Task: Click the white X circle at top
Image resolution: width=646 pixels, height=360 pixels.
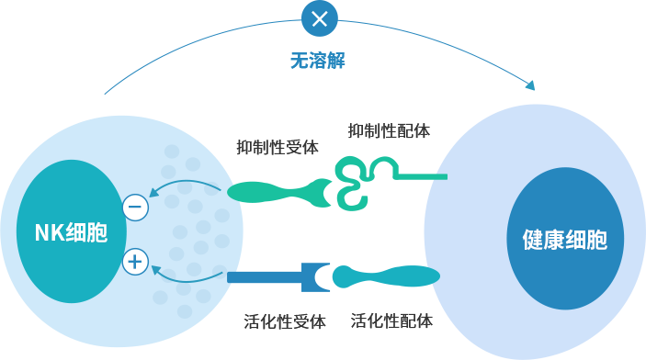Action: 319,18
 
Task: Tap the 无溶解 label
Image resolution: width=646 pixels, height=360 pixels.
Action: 318,61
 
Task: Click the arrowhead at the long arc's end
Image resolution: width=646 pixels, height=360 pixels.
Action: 530,85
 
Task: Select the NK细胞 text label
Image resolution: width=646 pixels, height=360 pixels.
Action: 72,232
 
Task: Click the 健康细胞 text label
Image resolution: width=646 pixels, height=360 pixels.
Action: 565,240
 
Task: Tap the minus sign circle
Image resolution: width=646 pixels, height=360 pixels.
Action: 136,207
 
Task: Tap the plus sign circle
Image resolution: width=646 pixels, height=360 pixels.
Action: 135,262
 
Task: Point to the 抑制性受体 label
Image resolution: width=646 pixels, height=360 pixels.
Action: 278,147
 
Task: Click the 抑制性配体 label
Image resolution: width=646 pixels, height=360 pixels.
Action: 389,130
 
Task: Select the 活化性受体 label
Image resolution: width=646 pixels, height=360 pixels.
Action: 285,321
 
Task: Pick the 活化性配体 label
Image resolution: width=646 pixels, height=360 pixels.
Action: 391,321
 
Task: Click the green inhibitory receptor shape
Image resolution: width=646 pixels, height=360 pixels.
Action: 279,192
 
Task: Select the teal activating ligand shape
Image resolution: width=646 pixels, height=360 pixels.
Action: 386,276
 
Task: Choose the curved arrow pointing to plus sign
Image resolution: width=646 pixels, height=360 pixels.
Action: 186,280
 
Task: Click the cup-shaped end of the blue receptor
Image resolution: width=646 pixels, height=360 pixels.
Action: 316,277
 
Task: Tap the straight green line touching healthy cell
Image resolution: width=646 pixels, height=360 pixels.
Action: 421,176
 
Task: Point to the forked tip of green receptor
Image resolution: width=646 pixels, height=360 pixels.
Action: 323,192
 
